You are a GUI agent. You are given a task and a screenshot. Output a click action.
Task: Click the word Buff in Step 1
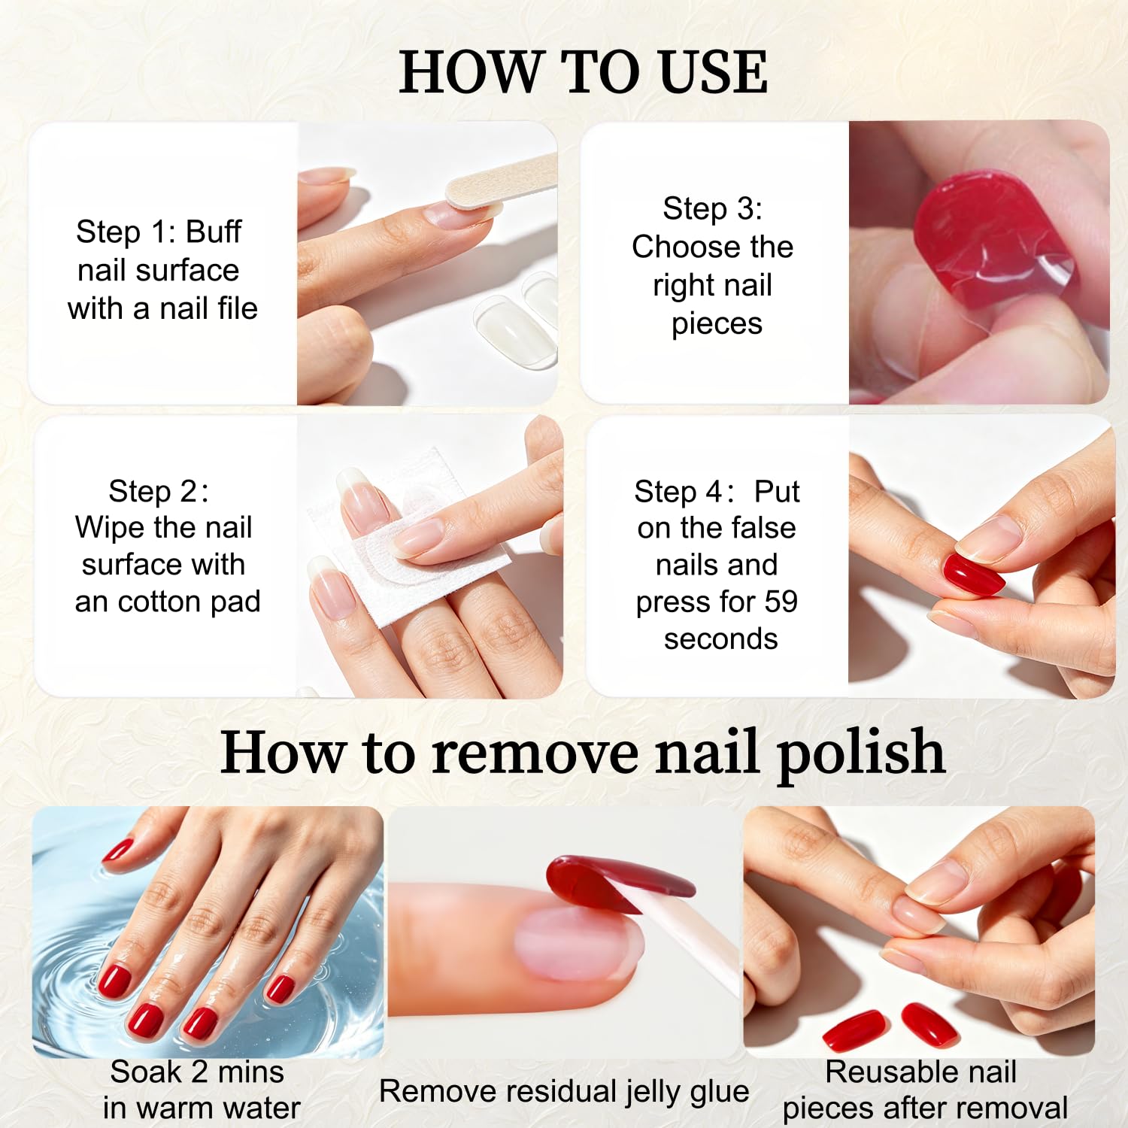click(x=214, y=232)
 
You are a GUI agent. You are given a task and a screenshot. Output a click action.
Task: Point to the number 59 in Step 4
click(x=781, y=602)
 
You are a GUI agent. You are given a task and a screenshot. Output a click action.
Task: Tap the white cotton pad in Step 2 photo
click(x=421, y=541)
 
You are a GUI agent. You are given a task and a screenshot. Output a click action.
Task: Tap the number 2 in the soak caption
click(x=199, y=1072)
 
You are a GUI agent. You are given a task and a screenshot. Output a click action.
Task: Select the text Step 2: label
click(x=159, y=491)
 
